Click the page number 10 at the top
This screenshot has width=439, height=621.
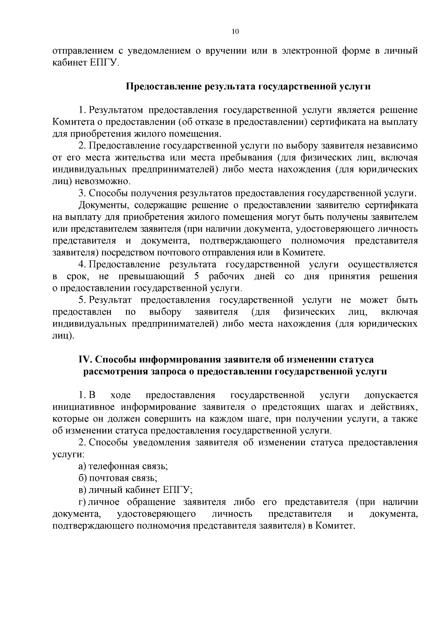point(235,32)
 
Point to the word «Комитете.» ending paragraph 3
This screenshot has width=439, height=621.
point(305,253)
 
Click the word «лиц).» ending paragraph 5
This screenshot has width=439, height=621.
point(64,336)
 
